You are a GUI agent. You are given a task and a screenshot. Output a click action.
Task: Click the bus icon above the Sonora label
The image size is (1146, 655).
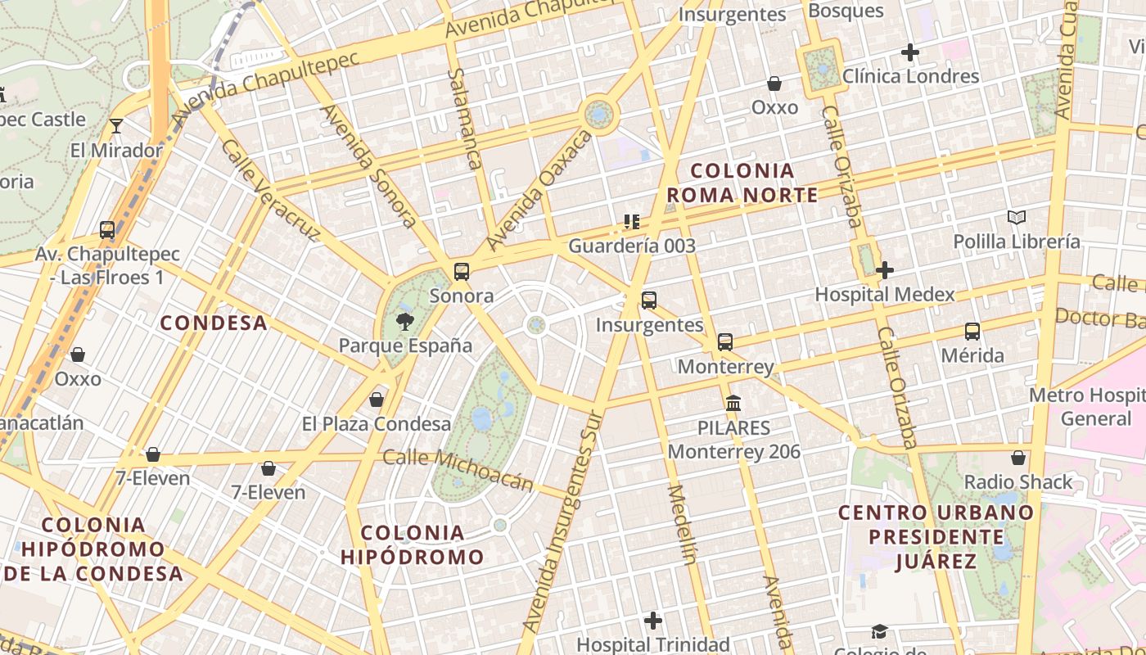[x=462, y=272]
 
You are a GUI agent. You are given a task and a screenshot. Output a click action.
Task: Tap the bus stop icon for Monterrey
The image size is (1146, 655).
[x=725, y=342]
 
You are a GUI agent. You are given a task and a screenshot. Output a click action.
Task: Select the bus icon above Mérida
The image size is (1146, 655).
[x=972, y=332]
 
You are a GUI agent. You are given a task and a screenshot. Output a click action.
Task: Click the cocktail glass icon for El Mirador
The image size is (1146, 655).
[x=116, y=126]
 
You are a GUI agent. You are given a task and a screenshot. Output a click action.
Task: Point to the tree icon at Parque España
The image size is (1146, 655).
[x=404, y=321]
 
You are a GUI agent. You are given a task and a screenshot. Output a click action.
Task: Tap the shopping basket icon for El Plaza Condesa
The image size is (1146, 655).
[x=377, y=400]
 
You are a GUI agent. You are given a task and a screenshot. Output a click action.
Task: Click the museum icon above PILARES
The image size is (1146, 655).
[x=733, y=403]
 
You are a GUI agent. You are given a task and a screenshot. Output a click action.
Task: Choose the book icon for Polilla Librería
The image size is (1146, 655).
[x=1017, y=218]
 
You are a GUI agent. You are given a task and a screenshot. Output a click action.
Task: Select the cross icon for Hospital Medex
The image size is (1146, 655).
[x=885, y=270]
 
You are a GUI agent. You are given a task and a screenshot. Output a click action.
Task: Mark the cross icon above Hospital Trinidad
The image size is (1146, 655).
[x=652, y=621]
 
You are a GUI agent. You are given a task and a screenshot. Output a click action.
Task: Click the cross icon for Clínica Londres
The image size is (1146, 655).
[x=909, y=52]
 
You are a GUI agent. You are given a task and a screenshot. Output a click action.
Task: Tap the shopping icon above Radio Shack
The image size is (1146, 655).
[x=1018, y=457]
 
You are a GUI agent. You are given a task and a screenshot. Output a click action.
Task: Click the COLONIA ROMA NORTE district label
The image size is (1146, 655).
[x=742, y=183]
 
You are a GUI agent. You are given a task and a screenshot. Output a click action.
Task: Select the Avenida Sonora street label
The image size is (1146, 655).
[x=368, y=164]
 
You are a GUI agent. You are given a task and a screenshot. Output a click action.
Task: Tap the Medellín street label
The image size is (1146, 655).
[x=682, y=525]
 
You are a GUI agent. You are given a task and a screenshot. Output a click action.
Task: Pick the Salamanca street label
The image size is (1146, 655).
[x=463, y=118]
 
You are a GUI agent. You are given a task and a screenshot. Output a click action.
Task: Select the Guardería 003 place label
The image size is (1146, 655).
[x=632, y=246]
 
